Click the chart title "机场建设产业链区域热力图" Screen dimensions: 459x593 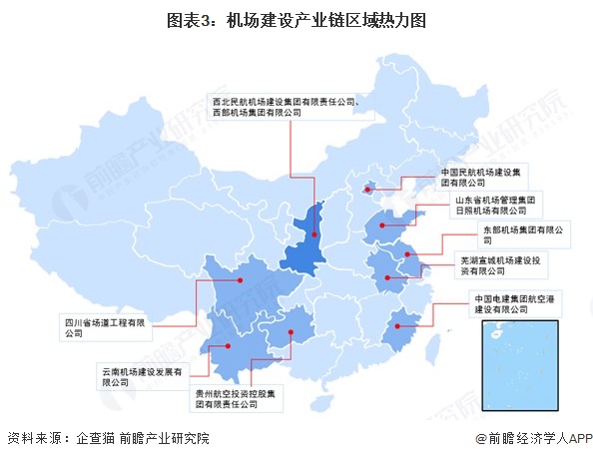pyautogui.click(x=296, y=18)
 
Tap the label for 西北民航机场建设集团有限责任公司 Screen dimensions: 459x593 pyautogui.click(x=291, y=107)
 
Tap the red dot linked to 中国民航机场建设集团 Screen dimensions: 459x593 pyautogui.click(x=367, y=187)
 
